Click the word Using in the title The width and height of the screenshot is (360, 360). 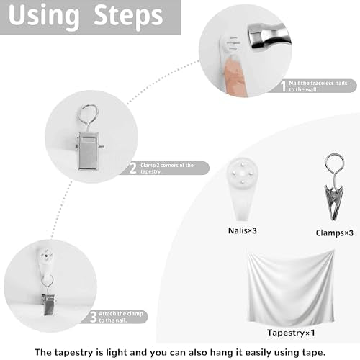pos(44,17)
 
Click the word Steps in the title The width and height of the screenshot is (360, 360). pos(128,16)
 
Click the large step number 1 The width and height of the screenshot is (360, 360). pos(284,86)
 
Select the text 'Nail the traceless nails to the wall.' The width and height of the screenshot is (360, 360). pos(318,86)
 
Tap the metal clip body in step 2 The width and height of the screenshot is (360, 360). pos(89,151)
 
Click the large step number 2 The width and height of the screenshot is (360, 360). pos(133,168)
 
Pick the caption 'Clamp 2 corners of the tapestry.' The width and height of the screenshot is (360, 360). pos(167,168)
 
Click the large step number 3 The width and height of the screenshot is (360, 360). pos(94,317)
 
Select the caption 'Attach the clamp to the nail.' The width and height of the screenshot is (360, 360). pos(121,317)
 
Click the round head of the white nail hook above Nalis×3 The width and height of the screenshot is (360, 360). pos(243,172)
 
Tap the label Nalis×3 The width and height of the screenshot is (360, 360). pos(243,230)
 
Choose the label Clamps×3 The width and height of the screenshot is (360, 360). pos(334,233)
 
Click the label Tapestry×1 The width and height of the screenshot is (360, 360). pos(291,333)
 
